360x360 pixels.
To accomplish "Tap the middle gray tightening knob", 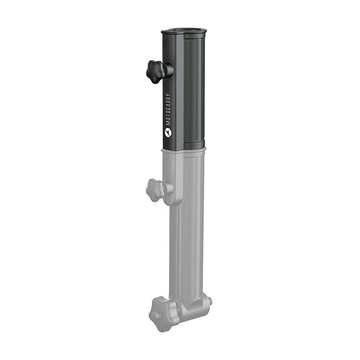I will click(x=156, y=190).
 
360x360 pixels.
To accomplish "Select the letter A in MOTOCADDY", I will click(x=168, y=105).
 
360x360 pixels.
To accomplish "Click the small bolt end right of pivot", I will click(x=209, y=300).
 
